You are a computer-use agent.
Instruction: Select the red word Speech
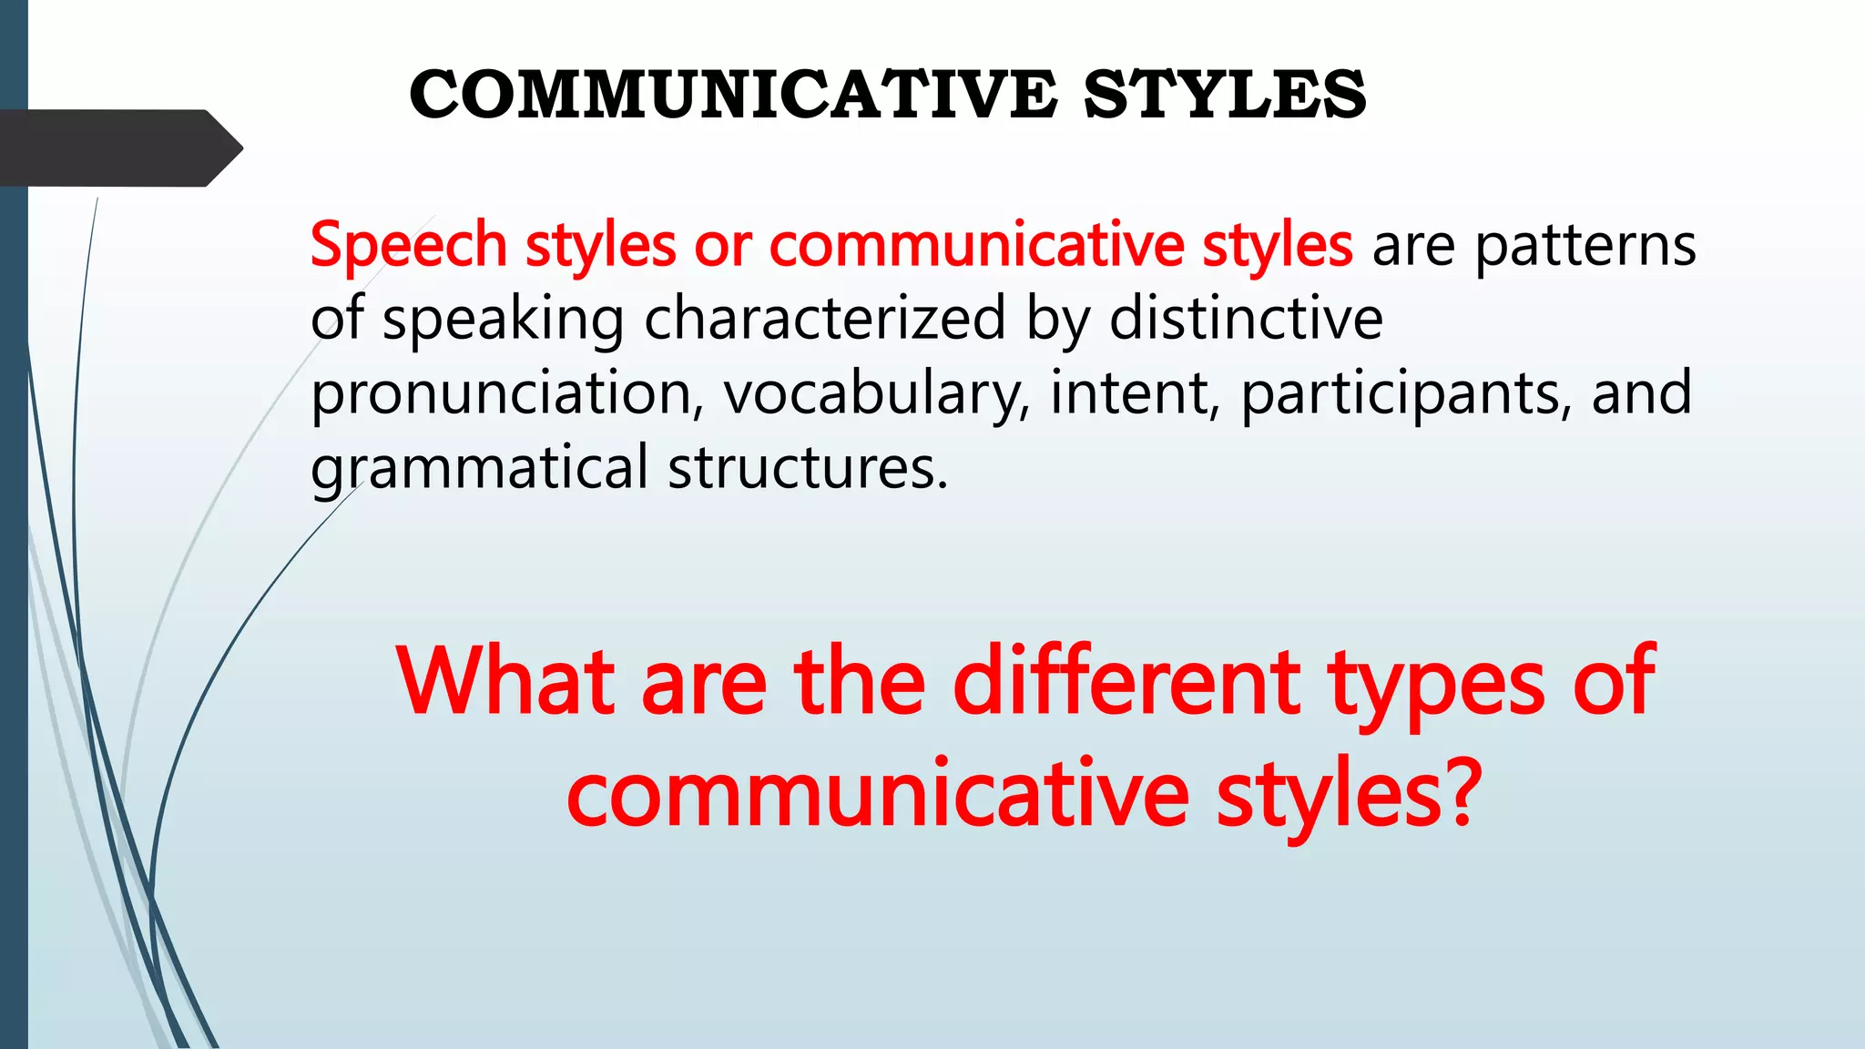[x=408, y=246]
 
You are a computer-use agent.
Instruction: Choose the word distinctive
[x=1246, y=319]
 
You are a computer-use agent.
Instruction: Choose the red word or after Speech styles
[x=723, y=246]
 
